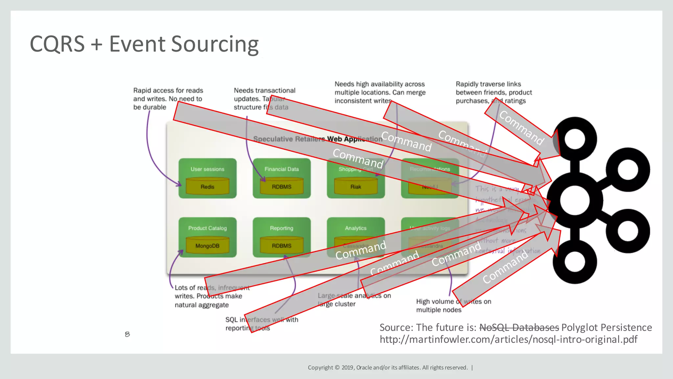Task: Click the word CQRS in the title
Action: (57, 44)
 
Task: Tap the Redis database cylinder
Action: (207, 186)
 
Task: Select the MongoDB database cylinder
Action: (207, 245)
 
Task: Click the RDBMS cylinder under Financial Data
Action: (282, 186)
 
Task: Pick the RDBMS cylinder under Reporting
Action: (282, 245)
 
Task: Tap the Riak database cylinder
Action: (356, 186)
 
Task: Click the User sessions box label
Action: (207, 169)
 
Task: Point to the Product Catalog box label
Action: (207, 228)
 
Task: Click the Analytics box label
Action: (356, 228)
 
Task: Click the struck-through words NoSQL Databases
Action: (519, 327)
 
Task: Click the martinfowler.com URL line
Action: (508, 339)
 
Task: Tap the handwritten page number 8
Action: (128, 334)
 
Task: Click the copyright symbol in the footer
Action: (337, 367)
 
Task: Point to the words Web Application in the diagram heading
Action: (355, 139)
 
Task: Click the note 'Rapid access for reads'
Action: (168, 90)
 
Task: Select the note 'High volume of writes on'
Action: (453, 301)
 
